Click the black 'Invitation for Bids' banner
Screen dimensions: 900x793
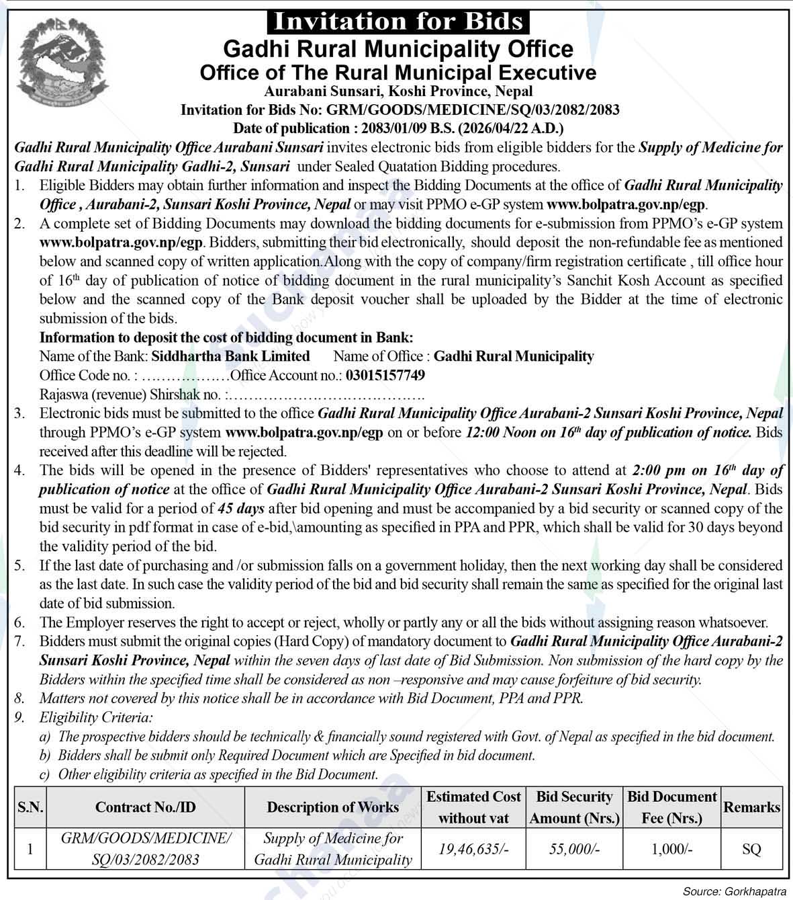pyautogui.click(x=398, y=21)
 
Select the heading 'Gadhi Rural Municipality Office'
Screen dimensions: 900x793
pyautogui.click(x=398, y=49)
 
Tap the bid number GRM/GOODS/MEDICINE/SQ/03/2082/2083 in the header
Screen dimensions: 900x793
pyautogui.click(x=473, y=110)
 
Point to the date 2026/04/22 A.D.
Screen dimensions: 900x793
pyautogui.click(x=515, y=128)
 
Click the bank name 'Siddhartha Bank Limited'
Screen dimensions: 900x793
pyautogui.click(x=230, y=356)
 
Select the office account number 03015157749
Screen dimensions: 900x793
pyautogui.click(x=385, y=375)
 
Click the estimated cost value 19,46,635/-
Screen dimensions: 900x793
pyautogui.click(x=473, y=849)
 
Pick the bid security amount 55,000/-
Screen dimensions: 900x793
pyautogui.click(x=574, y=849)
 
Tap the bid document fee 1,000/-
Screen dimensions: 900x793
pyautogui.click(x=671, y=849)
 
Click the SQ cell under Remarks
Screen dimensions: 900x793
pyautogui.click(x=751, y=849)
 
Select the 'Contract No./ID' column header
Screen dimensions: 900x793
pyautogui.click(x=145, y=807)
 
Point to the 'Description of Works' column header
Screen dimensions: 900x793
pyautogui.click(x=332, y=807)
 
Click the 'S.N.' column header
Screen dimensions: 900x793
pyautogui.click(x=30, y=807)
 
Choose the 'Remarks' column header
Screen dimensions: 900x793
pyautogui.click(x=751, y=807)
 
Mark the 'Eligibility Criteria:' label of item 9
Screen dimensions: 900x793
pyautogui.click(x=96, y=718)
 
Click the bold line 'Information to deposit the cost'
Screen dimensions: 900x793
pyautogui.click(x=226, y=337)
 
